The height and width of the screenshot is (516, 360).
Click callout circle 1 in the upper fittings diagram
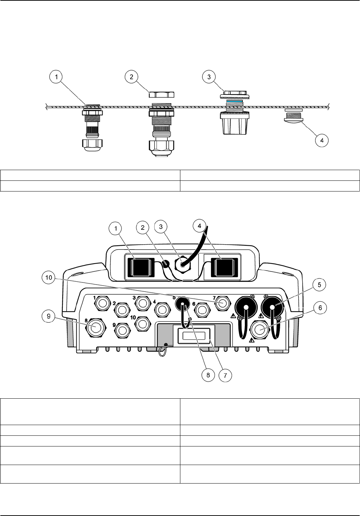(56, 77)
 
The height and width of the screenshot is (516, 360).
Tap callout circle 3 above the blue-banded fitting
(209, 77)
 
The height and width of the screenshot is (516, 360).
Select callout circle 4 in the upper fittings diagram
(322, 140)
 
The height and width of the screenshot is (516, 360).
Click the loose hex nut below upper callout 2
(161, 94)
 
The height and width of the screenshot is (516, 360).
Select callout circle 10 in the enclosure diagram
(49, 277)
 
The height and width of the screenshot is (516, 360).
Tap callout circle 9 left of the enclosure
(49, 316)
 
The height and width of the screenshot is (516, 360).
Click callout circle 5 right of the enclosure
(319, 284)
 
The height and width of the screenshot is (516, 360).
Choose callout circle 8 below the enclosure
(208, 375)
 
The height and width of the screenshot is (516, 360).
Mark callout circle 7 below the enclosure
(225, 375)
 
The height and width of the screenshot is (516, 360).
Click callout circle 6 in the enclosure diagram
(320, 308)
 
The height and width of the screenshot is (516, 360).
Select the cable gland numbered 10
(143, 324)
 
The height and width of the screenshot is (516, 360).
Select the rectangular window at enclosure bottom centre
(194, 335)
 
